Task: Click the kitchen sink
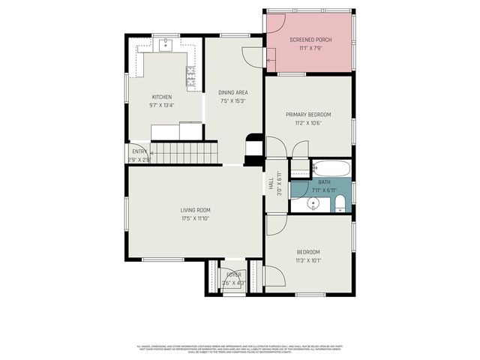point(166,46)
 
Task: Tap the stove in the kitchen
point(190,76)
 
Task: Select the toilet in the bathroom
point(340,203)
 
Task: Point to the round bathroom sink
point(313,203)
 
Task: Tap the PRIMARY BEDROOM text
point(307,115)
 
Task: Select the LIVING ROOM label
point(194,210)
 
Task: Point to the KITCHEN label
point(162,97)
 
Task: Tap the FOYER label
point(234,275)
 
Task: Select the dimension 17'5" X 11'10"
point(194,219)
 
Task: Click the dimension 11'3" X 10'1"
point(307,261)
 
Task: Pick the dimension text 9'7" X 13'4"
point(162,106)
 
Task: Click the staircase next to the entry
point(184,154)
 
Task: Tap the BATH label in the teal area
point(324,182)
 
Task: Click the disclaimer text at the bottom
point(239,349)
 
